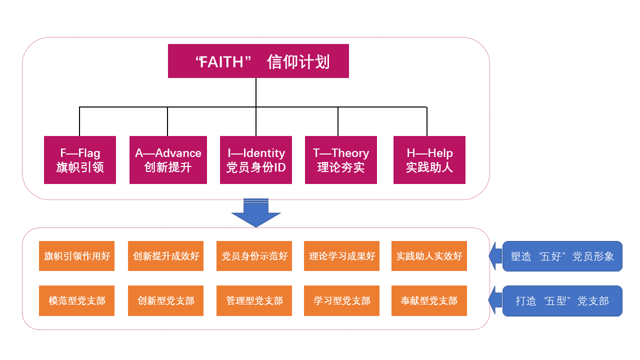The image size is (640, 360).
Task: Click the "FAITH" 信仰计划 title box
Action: coord(258,61)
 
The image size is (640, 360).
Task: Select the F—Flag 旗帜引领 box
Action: coord(80,160)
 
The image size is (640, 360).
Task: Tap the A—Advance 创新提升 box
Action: coord(168,160)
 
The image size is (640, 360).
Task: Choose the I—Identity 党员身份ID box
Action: coord(256,160)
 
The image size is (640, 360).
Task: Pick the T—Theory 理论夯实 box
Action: coord(341,160)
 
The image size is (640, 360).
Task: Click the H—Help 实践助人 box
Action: coord(429,160)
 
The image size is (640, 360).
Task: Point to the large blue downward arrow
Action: coord(256,213)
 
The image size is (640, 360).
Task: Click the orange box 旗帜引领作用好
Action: coord(77,256)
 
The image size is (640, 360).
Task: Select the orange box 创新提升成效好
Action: coord(166,256)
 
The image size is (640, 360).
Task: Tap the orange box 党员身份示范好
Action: coord(254,256)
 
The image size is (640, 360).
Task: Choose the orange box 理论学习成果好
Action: coord(342,256)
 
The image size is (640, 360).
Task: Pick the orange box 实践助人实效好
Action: coord(429,256)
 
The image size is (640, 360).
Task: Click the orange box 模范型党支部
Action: coord(77,301)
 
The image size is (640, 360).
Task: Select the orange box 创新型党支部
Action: coord(166,301)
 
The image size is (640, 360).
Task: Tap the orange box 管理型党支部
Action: coord(254,301)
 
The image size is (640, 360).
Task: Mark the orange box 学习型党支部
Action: coord(342,301)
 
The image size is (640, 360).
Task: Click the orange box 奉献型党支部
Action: coord(429,301)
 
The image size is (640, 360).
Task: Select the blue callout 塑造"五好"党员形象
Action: coord(562,256)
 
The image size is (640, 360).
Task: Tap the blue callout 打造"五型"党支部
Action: coord(562,301)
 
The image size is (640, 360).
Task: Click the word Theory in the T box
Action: coord(350,153)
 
